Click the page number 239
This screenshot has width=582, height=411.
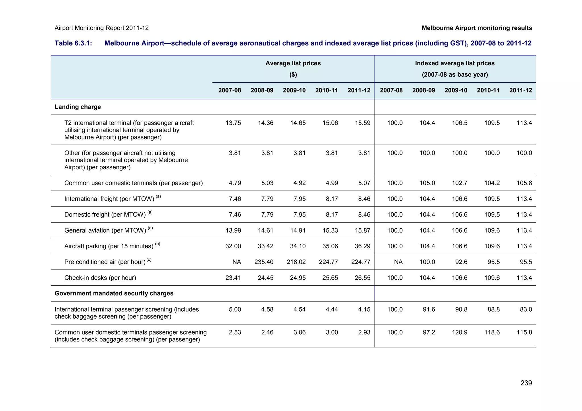point(526,383)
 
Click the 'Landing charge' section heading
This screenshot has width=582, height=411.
point(78,107)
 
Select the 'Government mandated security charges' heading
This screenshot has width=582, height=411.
point(114,293)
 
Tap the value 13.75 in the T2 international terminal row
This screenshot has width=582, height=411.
point(233,123)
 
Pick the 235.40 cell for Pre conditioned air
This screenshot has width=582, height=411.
point(264,262)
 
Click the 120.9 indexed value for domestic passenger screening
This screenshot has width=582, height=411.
point(460,332)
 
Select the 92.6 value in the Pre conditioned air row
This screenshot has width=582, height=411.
point(461,262)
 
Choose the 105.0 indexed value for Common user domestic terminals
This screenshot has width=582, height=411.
point(427,183)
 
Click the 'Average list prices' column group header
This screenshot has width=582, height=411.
point(293,63)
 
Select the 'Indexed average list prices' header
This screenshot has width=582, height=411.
point(455,63)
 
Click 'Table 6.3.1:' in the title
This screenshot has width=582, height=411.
point(73,43)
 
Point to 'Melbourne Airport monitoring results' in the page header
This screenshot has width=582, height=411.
point(477,28)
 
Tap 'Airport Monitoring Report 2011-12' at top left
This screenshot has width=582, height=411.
point(101,28)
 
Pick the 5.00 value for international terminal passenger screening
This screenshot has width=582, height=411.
point(235,309)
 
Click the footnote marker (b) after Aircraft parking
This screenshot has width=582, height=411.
point(157,244)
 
